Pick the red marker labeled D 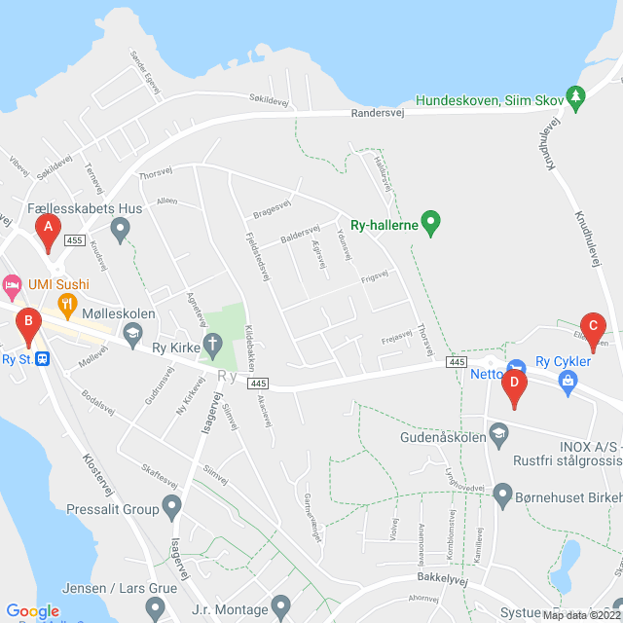(x=514, y=386)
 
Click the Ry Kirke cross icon (x=213, y=344)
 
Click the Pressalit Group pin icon (x=172, y=507)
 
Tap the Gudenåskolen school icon (x=498, y=432)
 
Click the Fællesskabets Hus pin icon (x=120, y=230)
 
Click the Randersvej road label (x=379, y=112)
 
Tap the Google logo (x=32, y=610)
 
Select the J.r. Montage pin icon (x=281, y=605)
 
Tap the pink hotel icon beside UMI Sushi (x=12, y=285)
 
